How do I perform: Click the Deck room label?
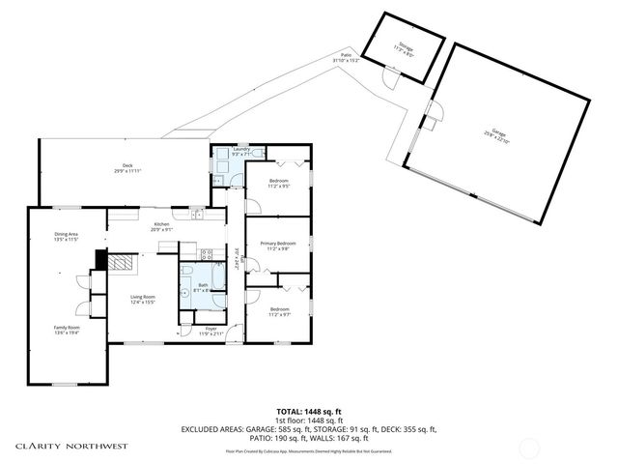126,165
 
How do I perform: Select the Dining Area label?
66,234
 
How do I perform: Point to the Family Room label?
66,328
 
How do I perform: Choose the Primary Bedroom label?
277,243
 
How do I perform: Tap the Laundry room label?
243,150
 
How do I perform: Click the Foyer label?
211,329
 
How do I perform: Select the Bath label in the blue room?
203,285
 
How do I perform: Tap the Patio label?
346,55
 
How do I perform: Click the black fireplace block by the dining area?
100,259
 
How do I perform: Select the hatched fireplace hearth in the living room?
120,261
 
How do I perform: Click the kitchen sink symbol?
196,214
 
